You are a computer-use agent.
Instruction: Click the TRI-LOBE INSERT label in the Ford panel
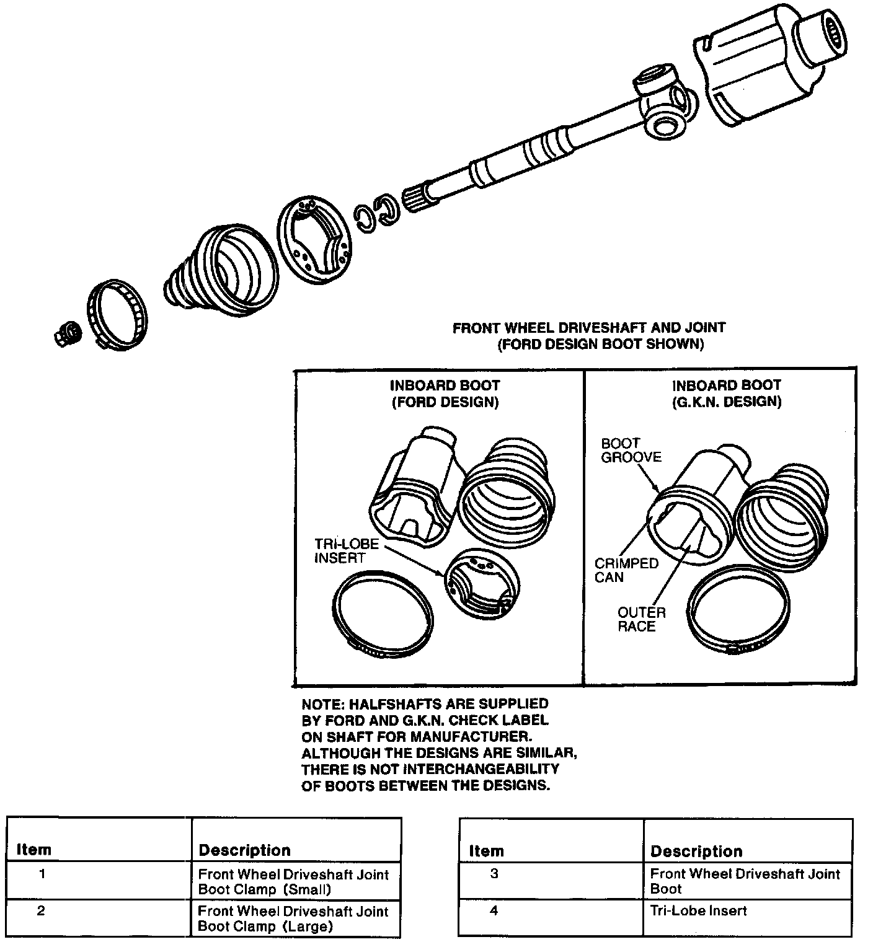click(x=347, y=551)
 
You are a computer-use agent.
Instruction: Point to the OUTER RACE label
click(x=641, y=619)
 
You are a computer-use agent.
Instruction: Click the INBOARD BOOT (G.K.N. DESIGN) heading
click(x=727, y=394)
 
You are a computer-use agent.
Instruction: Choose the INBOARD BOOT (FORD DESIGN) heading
click(x=445, y=394)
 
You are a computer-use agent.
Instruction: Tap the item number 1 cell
click(x=42, y=875)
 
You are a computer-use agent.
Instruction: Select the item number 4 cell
click(x=494, y=911)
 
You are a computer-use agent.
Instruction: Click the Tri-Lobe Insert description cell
click(x=698, y=911)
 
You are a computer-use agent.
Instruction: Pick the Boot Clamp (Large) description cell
click(x=293, y=918)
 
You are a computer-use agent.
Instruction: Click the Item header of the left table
click(x=33, y=850)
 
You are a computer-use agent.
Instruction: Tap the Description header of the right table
click(x=696, y=851)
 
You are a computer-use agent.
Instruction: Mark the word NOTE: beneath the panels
click(x=322, y=704)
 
